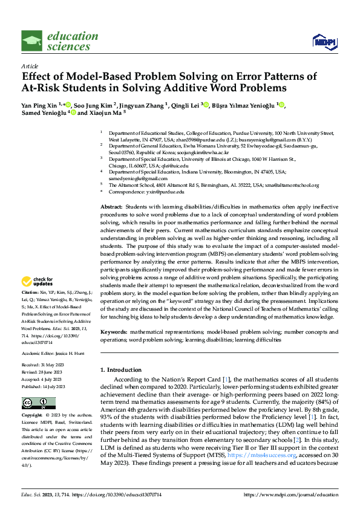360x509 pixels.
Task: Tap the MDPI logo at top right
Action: (322, 41)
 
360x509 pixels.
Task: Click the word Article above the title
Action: (30, 66)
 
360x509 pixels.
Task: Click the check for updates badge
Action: (34, 281)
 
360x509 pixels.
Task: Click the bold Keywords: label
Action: (114, 332)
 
